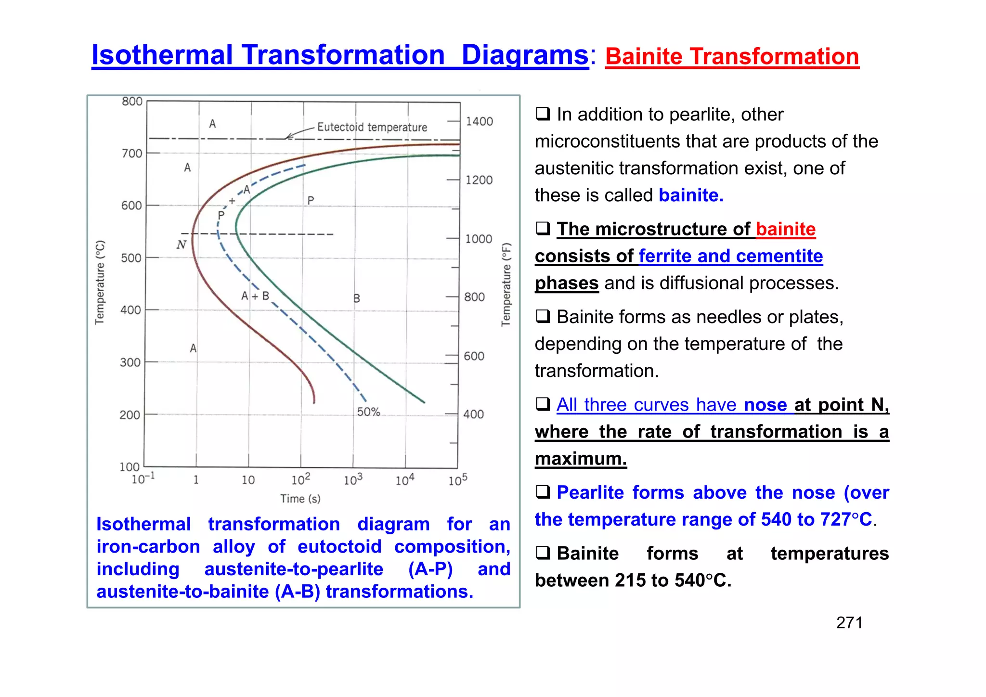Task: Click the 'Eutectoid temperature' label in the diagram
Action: tap(372, 127)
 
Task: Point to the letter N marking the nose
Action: tap(181, 245)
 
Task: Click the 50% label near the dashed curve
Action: tap(368, 412)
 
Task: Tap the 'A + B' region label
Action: tap(255, 296)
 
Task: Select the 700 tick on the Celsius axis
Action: tap(132, 154)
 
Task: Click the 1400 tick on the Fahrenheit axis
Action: tap(479, 121)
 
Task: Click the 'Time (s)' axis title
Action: tap(300, 499)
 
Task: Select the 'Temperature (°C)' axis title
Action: tap(100, 282)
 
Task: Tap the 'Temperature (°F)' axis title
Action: tap(506, 284)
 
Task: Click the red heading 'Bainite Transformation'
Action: tap(732, 57)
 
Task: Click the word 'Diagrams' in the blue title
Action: tap(525, 55)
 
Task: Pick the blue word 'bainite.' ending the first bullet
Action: tap(691, 195)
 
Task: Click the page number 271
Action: tap(849, 623)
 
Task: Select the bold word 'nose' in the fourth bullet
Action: tap(765, 405)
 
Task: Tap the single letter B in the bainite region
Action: tap(357, 298)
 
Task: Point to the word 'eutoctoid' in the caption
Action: tap(339, 547)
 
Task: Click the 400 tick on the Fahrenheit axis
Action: tap(473, 414)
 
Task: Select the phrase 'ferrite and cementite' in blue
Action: tap(731, 256)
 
